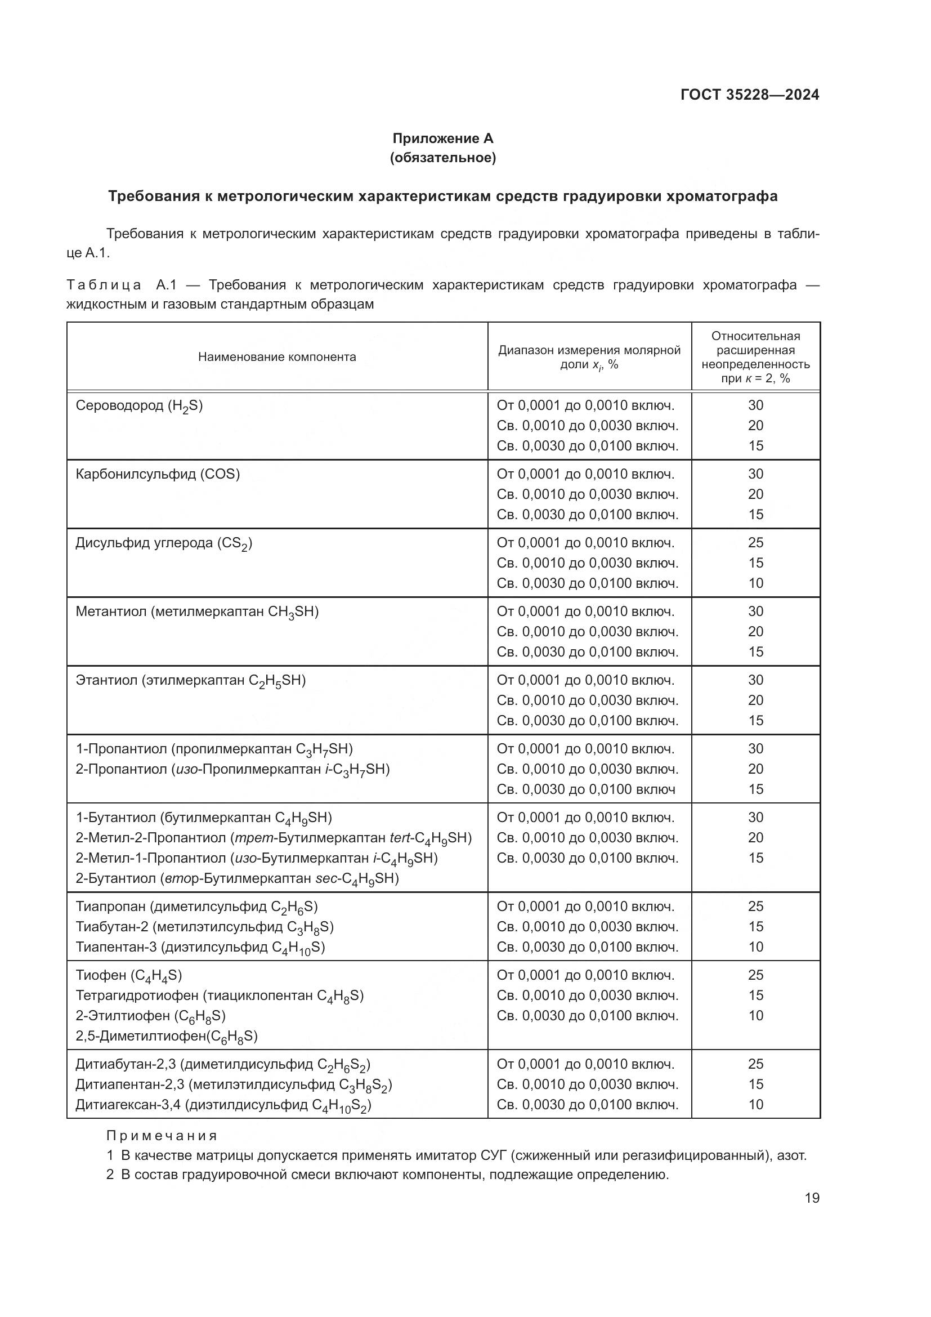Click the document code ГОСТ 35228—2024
pos(749,95)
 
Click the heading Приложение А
pos(442,139)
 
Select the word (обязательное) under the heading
pos(442,158)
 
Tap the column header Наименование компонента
pos(277,357)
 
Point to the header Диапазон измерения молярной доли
pos(589,357)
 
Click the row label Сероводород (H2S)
pos(138,405)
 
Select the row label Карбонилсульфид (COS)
pos(158,474)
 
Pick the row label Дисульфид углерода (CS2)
pos(164,543)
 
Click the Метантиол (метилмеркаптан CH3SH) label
pos(196,611)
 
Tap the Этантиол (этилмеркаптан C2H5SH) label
pos(190,680)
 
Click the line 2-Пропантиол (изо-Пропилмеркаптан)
pos(232,769)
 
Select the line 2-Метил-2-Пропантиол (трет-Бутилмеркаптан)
pos(274,838)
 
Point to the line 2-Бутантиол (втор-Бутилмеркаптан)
pos(237,879)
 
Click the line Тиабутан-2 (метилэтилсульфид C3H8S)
pos(204,927)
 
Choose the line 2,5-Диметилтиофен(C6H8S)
pos(166,1036)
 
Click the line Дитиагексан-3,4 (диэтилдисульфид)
pos(223,1105)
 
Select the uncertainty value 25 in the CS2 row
pos(755,543)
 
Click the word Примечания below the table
pos(162,1136)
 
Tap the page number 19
pos(812,1198)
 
